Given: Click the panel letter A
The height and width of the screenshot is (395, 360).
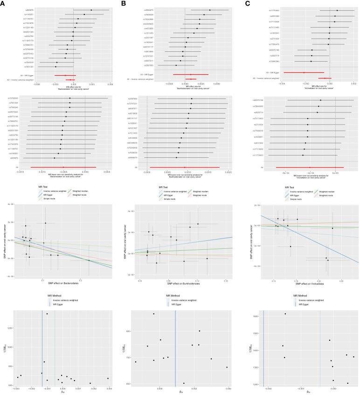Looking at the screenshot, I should pyautogui.click(x=3, y=3).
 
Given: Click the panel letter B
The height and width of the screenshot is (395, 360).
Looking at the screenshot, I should pyautogui.click(x=123, y=3).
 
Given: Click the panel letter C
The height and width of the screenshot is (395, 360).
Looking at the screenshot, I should pyautogui.click(x=243, y=3).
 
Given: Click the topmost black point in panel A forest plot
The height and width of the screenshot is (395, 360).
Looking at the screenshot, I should pyautogui.click(x=91, y=10).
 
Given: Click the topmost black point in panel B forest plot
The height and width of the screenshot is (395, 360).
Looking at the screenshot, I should pyautogui.click(x=210, y=10).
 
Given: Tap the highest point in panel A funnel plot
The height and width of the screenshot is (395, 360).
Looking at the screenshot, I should pyautogui.click(x=47, y=314).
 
